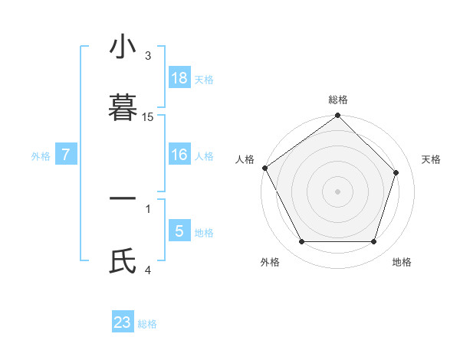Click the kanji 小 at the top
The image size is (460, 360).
pos(123,47)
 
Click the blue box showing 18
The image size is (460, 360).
pos(179,77)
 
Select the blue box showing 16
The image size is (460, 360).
pos(179,155)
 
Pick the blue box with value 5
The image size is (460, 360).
pos(179,231)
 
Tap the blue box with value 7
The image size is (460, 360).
pos(66,155)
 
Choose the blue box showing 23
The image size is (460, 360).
pos(123,322)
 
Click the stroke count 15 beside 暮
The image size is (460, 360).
pos(148,117)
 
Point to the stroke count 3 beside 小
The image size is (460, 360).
pos(148,55)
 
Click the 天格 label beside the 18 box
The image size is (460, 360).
pos(204,79)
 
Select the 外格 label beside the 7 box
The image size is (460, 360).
pos(41,156)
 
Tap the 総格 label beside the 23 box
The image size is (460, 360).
pos(147,324)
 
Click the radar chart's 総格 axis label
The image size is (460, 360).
pos(338,100)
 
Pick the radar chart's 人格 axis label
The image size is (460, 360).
pos(245,159)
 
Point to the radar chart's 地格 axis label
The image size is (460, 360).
pos(402,262)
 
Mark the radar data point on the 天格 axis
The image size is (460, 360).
pos(396,172)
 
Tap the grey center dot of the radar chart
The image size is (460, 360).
pos(338,191)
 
